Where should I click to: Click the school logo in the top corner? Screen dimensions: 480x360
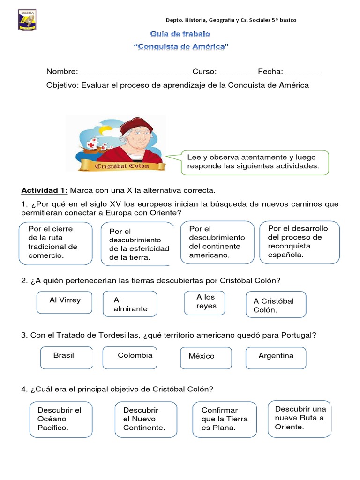point(28,19)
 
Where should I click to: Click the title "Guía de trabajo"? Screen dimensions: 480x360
point(180,34)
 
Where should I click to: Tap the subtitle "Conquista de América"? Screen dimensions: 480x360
point(181,47)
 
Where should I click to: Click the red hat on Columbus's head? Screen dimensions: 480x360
point(136,124)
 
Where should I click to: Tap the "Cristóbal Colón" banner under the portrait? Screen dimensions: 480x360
point(122,166)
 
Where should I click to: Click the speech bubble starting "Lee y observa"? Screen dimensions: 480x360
point(255,162)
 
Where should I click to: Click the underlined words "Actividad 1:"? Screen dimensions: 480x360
point(45,190)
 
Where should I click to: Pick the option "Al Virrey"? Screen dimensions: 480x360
point(65,301)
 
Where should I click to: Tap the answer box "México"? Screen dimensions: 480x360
point(205,357)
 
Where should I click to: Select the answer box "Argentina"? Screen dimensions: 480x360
point(276,357)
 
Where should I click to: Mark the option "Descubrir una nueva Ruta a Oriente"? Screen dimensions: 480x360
point(300,418)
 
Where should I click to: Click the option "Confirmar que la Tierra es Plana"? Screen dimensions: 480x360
point(224,419)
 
